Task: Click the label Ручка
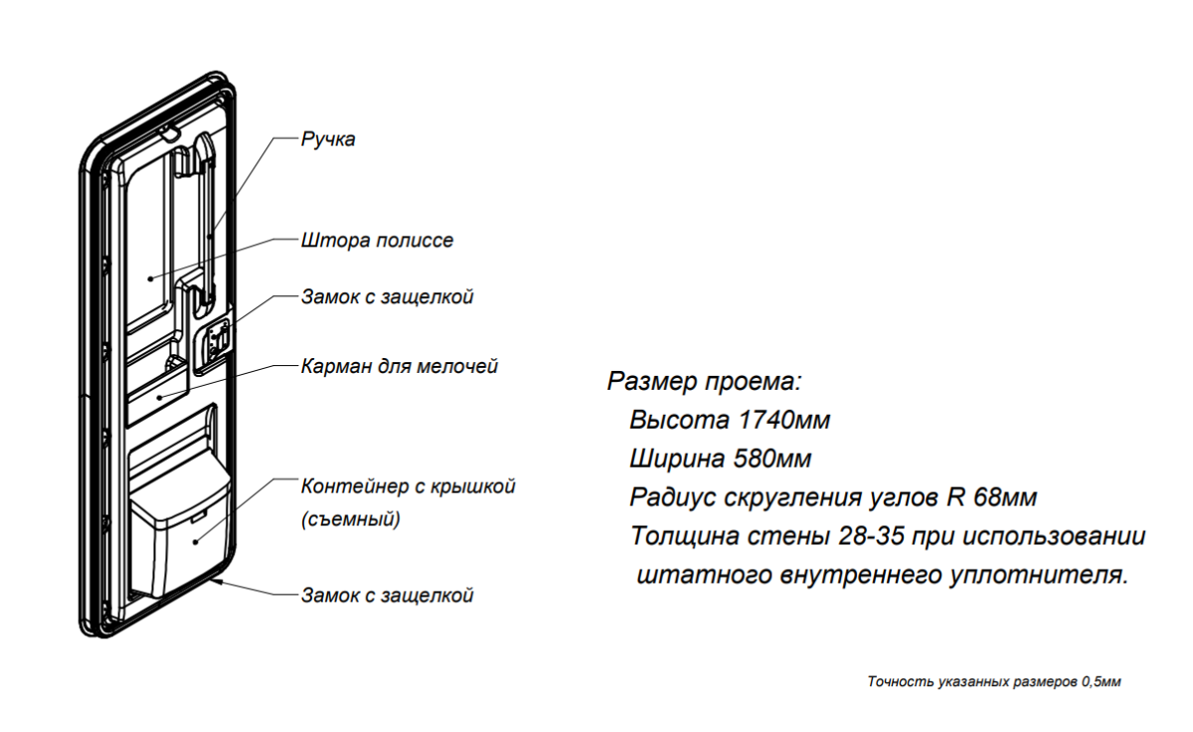point(328,139)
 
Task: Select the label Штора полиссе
point(377,241)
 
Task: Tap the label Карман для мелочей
point(400,367)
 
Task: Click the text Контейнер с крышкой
point(409,486)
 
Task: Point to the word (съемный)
point(351,519)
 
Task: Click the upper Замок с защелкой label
point(387,296)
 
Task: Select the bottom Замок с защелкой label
point(387,595)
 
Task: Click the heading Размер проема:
point(704,382)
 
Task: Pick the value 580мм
point(772,458)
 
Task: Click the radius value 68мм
point(1005,497)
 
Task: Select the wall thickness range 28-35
point(871,536)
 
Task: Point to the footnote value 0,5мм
point(1101,682)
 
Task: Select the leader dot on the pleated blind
point(151,278)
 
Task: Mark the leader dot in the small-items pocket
point(160,397)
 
